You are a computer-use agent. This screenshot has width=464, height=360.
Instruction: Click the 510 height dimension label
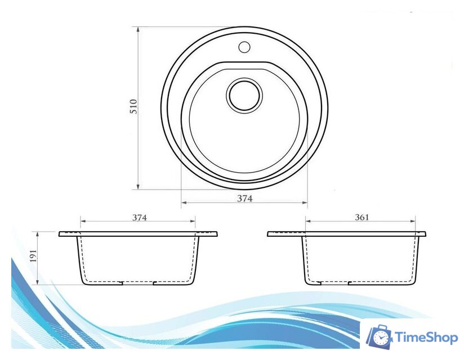tap(133, 107)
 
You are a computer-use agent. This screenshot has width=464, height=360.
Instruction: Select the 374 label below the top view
tap(244, 198)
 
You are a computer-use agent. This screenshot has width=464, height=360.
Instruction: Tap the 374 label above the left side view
tap(139, 218)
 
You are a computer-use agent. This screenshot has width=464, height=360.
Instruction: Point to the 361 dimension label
tap(362, 217)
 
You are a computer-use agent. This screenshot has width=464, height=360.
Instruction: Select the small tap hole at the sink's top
tap(244, 46)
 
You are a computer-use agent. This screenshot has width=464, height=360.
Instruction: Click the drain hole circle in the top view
tap(244, 94)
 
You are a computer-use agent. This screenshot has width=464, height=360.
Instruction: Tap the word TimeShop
tap(426, 337)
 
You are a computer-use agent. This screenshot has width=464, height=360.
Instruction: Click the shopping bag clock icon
tap(380, 336)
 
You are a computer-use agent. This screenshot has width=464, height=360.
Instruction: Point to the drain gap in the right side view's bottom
tap(335, 283)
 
